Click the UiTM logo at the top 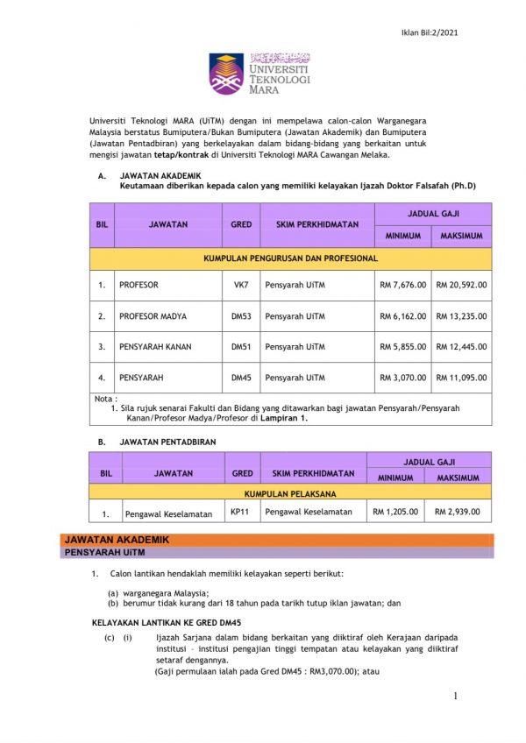[x=259, y=74]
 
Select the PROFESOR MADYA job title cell [x=153, y=316]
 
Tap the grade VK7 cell [x=241, y=285]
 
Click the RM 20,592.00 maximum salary [x=462, y=285]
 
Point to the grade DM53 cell [x=241, y=316]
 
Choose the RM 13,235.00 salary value [x=462, y=316]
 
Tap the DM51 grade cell [x=241, y=347]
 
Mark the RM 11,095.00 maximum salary [x=462, y=378]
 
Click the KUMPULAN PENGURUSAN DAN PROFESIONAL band [x=290, y=258]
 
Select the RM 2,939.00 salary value [x=458, y=512]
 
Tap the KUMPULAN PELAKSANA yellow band [x=290, y=492]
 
